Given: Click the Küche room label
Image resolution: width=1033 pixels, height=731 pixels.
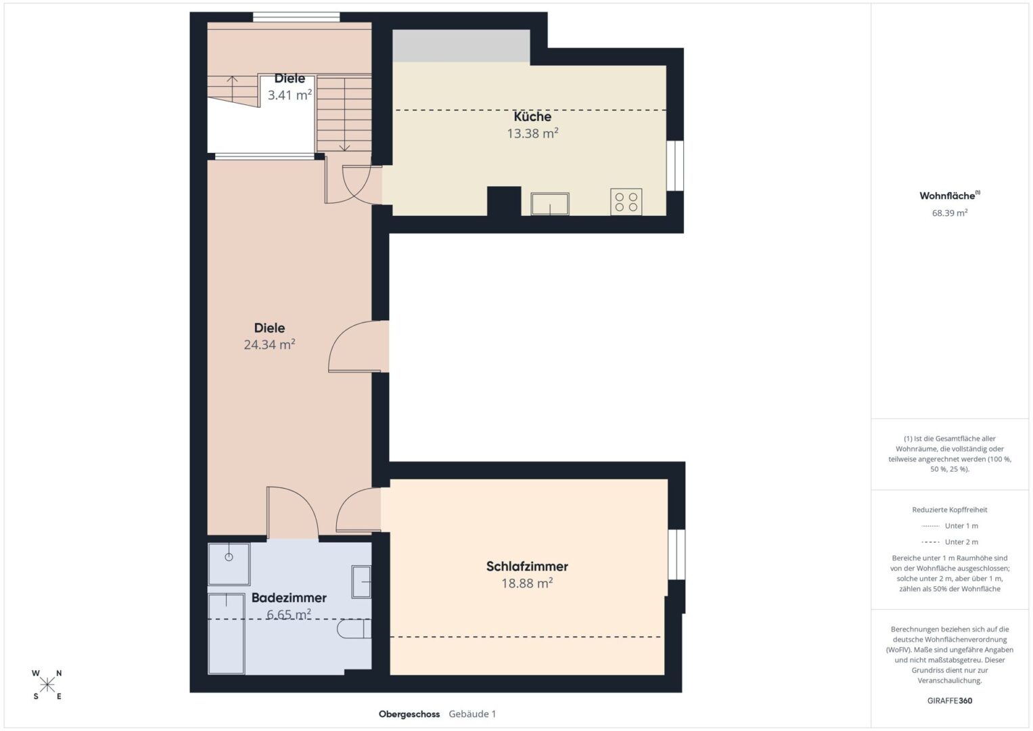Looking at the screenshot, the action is (x=532, y=116).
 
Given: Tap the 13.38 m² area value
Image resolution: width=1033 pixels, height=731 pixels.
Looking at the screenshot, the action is (x=532, y=133).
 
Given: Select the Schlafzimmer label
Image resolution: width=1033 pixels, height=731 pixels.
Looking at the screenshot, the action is (x=527, y=567).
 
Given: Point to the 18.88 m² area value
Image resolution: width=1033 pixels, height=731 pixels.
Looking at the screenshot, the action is (x=527, y=583).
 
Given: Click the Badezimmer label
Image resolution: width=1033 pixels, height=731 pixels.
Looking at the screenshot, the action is (x=289, y=598).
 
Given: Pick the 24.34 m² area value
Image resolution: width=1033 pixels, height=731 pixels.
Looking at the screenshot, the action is (x=269, y=345).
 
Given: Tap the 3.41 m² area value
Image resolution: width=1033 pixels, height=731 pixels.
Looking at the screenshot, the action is (x=290, y=95).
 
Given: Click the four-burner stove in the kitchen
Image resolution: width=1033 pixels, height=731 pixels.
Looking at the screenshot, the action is (x=626, y=202).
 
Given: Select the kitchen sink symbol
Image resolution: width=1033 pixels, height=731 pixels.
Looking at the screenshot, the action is (x=550, y=204).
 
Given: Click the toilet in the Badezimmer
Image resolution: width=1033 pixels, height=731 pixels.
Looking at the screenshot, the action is (x=354, y=629).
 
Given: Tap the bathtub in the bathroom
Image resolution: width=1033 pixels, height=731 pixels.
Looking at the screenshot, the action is (x=226, y=634).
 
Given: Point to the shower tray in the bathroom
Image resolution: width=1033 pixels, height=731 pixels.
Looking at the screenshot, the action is (x=229, y=564).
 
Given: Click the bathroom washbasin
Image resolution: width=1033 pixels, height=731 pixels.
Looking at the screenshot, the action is (x=361, y=581).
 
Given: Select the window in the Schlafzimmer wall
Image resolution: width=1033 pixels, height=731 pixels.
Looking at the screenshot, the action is (x=676, y=554).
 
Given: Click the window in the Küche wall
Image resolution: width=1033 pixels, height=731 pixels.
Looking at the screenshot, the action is (x=675, y=165).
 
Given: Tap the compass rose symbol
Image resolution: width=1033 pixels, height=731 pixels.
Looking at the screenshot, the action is (x=47, y=685).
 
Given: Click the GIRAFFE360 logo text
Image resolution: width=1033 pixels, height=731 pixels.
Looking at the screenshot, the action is (x=950, y=701).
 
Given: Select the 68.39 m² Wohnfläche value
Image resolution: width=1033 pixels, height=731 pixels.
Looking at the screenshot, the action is (x=950, y=213).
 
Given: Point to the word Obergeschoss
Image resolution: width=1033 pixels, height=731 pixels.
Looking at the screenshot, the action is (x=409, y=714).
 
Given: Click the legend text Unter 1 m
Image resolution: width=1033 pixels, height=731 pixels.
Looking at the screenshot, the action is (x=961, y=526).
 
